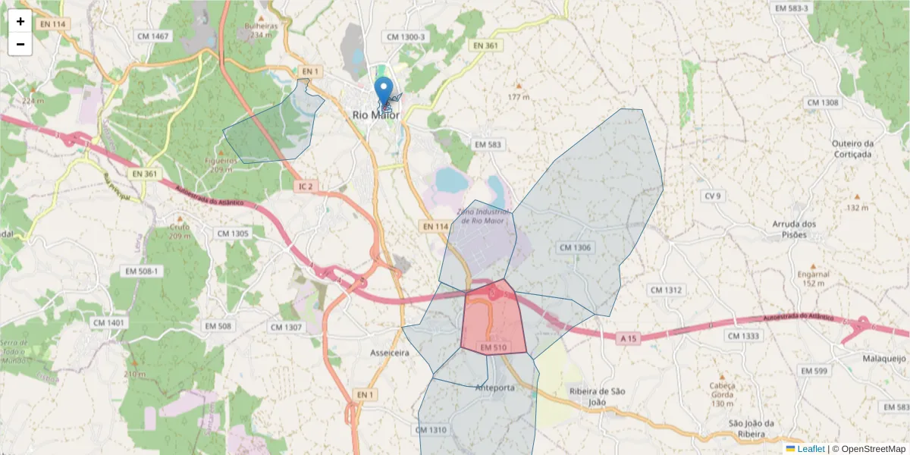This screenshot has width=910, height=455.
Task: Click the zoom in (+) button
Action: click(20, 21)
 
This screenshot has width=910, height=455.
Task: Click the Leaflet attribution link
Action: click(810, 449)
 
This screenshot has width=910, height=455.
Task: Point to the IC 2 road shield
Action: click(306, 186)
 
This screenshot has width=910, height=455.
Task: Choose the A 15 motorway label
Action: click(628, 337)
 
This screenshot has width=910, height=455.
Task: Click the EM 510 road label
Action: click(493, 347)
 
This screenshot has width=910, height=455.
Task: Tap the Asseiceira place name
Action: click(389, 353)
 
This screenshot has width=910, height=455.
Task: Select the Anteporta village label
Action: click(494, 388)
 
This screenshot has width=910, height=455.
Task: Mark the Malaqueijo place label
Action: click(883, 359)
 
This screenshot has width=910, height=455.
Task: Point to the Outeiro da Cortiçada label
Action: click(852, 149)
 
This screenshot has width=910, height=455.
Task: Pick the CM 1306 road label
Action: click(574, 247)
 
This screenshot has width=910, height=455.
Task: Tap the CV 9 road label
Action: click(712, 196)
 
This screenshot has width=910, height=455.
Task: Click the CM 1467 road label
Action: click(153, 36)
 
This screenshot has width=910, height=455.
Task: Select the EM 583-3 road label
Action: click(792, 8)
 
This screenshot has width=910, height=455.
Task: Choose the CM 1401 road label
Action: click(108, 323)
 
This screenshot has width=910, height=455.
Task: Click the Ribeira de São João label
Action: click(597, 396)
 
